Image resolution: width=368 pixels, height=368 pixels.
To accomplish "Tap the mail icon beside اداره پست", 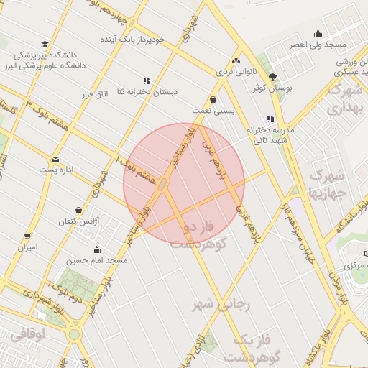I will pos(55,160).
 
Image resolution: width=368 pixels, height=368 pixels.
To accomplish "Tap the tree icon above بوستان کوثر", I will pos(272,77).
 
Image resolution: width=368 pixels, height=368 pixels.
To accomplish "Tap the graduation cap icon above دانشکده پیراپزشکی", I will pos(45,45).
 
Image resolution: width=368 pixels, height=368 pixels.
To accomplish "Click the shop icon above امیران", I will pos(28,236).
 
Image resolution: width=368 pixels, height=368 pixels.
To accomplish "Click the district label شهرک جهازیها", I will pos(327,184).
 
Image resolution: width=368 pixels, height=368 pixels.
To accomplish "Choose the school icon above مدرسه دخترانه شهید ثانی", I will pos(270,119).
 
